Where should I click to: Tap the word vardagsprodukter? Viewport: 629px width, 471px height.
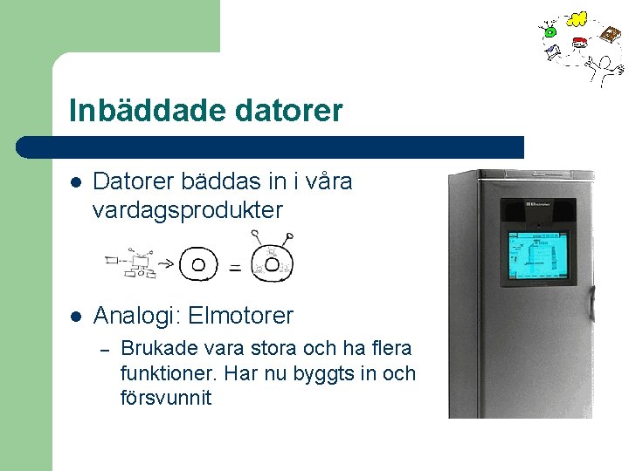[187, 209]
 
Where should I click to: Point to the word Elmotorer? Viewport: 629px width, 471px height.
[240, 315]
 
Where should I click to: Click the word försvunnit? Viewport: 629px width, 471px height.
[165, 399]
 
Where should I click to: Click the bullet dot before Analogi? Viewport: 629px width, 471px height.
[76, 315]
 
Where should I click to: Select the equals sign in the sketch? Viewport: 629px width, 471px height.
[235, 269]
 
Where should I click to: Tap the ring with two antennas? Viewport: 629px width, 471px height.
[272, 263]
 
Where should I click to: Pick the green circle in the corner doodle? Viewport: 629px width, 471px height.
[550, 32]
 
